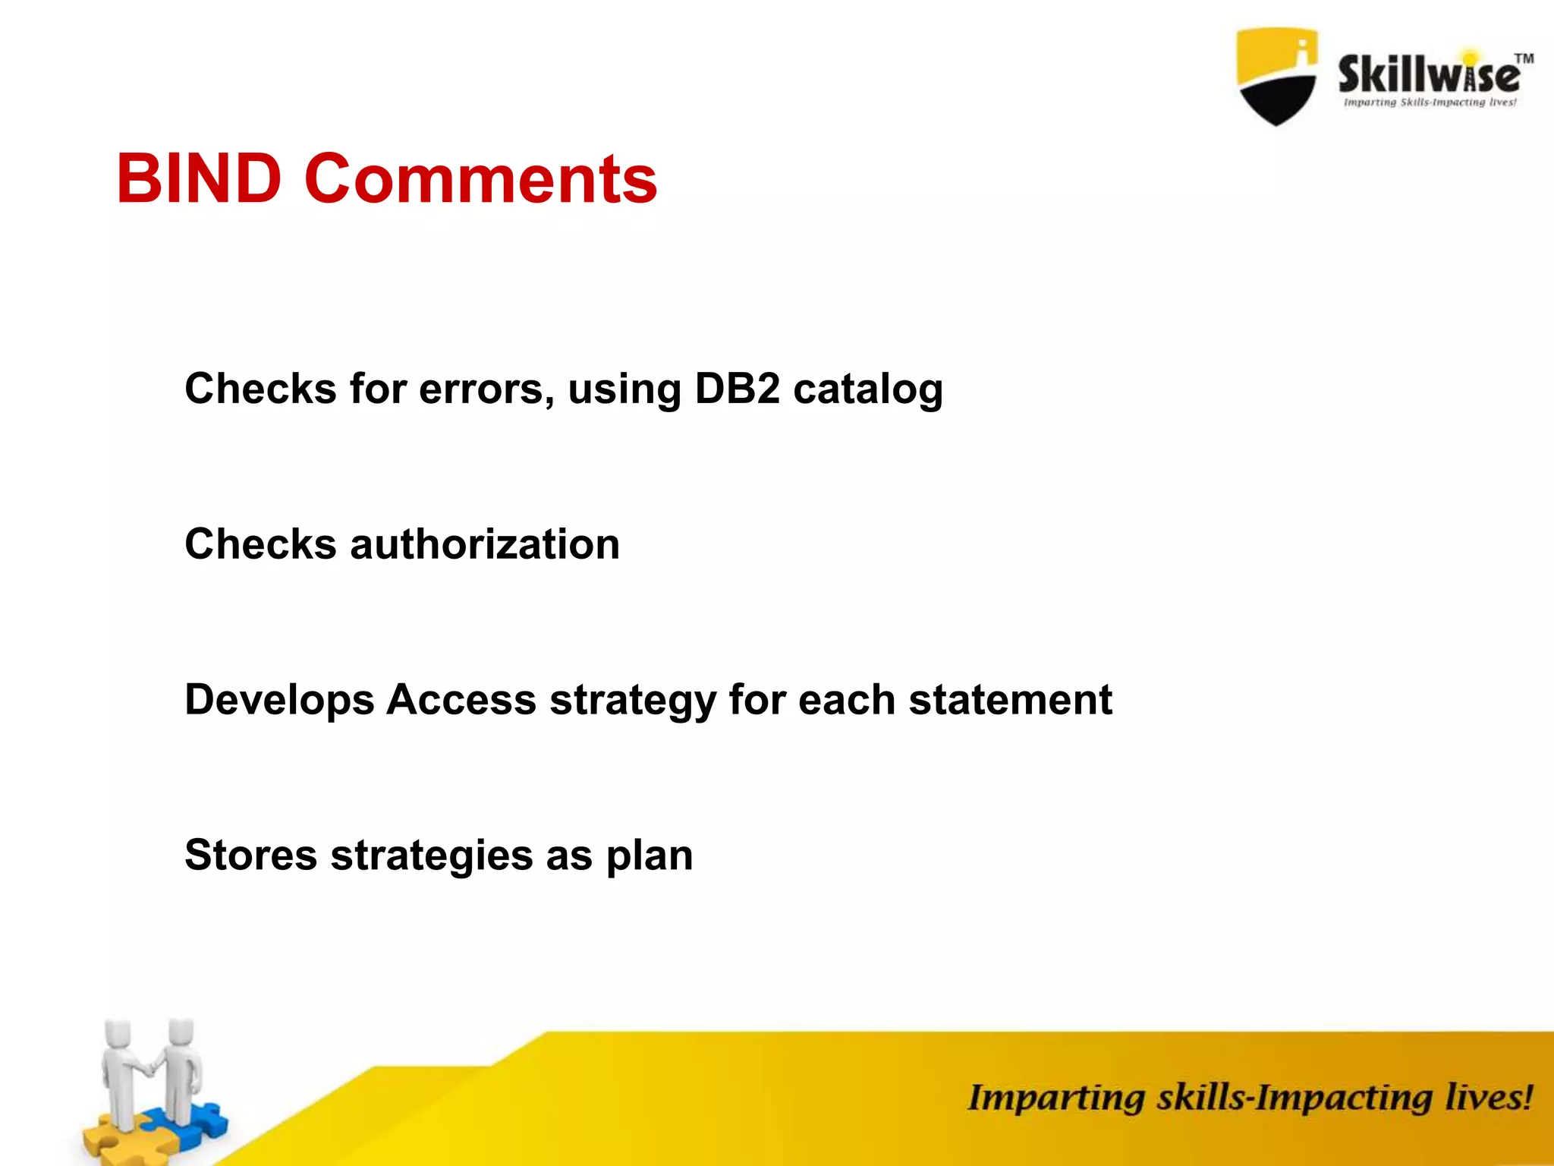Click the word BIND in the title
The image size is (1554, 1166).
tap(199, 179)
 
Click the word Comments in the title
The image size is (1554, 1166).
tap(480, 179)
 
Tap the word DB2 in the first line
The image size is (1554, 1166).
tap(737, 389)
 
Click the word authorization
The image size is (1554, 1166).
tap(484, 544)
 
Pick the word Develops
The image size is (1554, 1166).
tap(279, 701)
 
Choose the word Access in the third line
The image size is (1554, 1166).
tap(461, 699)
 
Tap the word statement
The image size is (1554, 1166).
tap(1010, 699)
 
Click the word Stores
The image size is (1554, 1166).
tap(250, 855)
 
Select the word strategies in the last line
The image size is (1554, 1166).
tap(431, 856)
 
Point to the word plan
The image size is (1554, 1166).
tap(649, 856)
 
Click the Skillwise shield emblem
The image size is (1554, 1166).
tap(1276, 76)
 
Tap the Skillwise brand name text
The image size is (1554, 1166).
tap(1427, 75)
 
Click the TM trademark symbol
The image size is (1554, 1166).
tap(1524, 58)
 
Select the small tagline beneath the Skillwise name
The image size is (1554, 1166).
tap(1430, 102)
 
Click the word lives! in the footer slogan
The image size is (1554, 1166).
tap(1488, 1098)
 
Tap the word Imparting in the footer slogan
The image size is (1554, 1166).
tap(1055, 1099)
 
